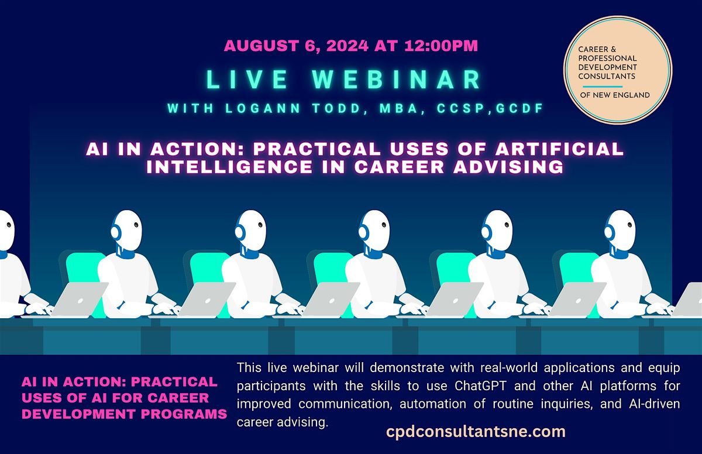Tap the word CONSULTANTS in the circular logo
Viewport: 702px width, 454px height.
tap(605, 76)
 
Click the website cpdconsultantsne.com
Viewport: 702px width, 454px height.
tap(476, 432)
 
